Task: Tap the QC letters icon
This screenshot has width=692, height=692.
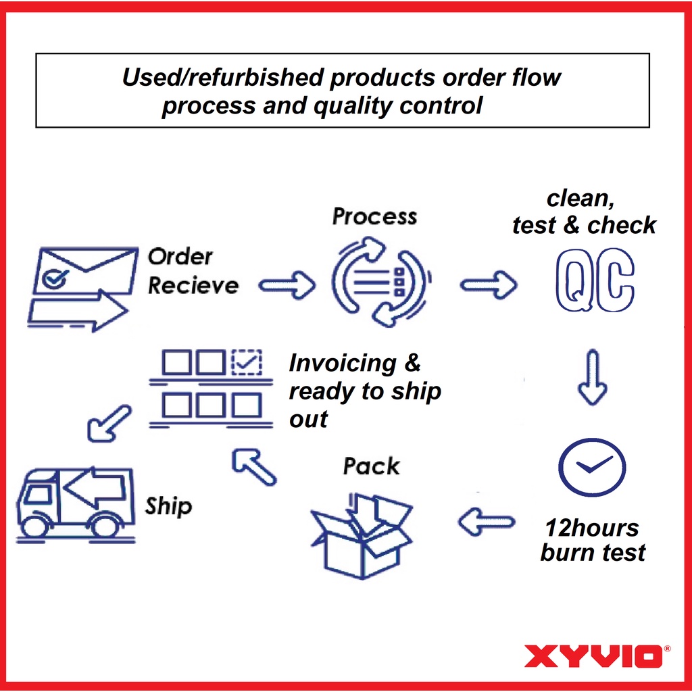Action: tap(595, 280)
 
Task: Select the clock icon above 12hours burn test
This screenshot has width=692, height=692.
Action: tap(592, 468)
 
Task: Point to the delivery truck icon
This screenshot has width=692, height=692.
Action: tap(75, 504)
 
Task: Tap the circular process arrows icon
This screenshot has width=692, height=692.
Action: tap(380, 282)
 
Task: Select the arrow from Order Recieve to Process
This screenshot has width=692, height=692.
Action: tap(287, 285)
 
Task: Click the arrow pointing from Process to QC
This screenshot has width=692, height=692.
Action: tap(489, 285)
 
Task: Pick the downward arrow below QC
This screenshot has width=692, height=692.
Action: tap(593, 377)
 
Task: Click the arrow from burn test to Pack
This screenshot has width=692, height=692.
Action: tap(487, 522)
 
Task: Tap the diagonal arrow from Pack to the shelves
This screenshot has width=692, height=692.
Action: tap(254, 468)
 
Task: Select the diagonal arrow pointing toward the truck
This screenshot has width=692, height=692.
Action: tap(109, 423)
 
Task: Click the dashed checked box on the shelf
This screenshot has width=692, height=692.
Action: tap(247, 363)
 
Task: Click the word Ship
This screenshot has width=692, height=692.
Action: tap(168, 506)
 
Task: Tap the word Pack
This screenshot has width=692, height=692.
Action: tap(372, 466)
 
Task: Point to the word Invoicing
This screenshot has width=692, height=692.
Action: tap(343, 363)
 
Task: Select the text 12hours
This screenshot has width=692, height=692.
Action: tap(592, 528)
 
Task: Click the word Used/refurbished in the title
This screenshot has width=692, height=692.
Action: tap(223, 77)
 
